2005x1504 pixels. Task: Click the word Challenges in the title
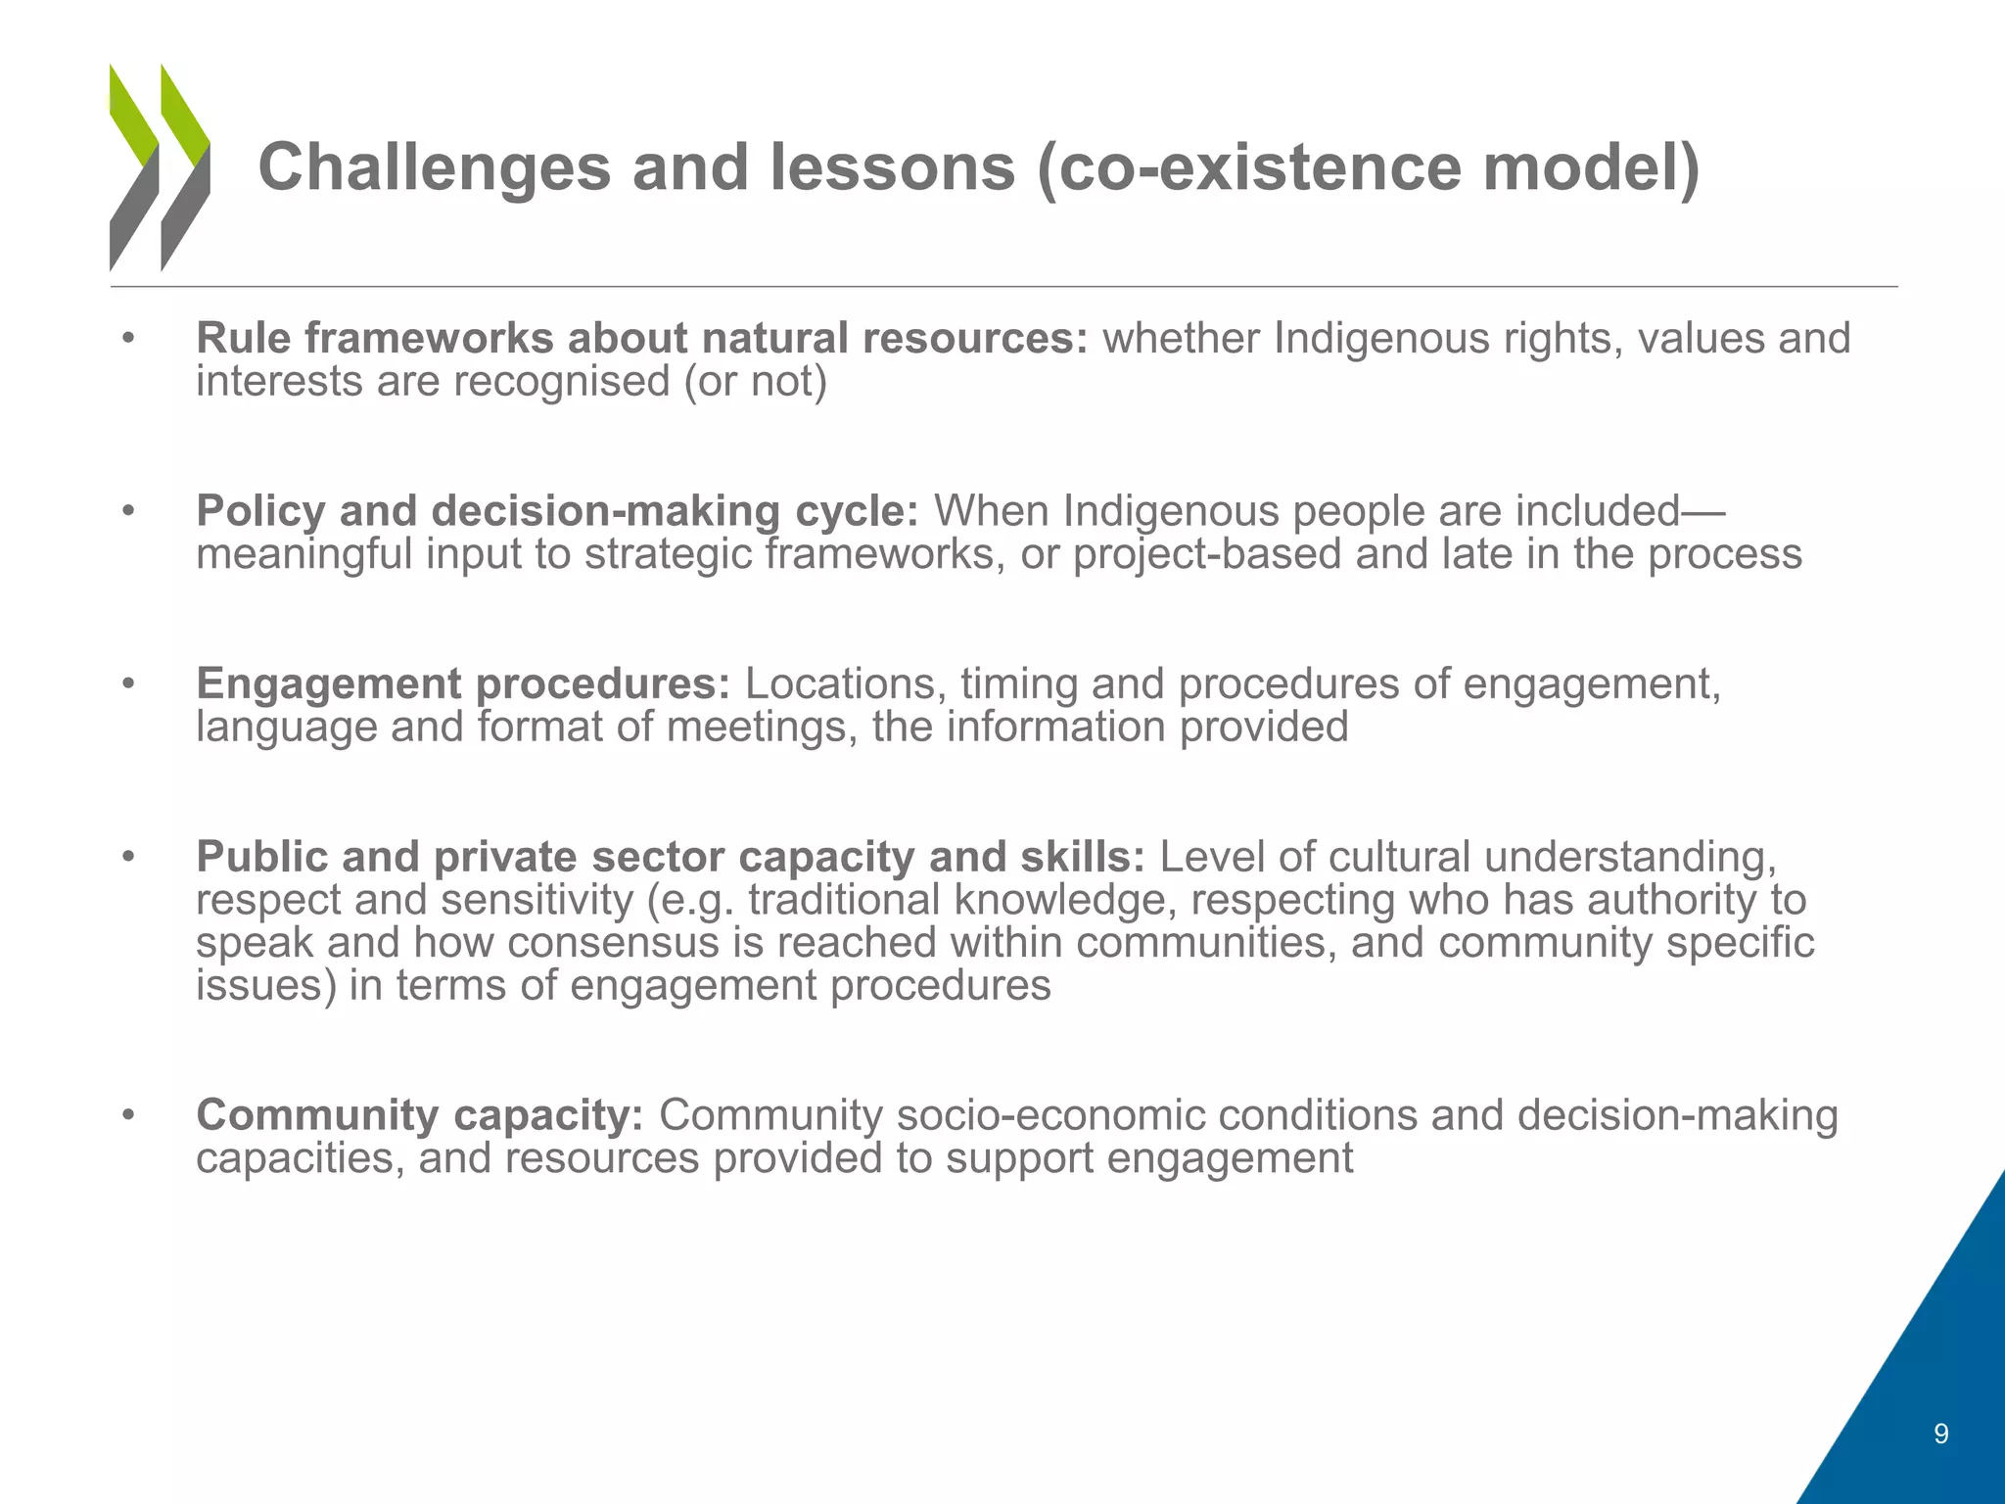pos(434,167)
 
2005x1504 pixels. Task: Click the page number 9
pos(1941,1434)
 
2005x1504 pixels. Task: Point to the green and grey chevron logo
pos(160,167)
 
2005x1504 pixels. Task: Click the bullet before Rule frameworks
pos(127,339)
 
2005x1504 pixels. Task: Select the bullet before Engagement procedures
pos(127,684)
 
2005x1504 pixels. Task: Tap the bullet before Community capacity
pos(127,1116)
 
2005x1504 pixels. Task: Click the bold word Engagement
pos(327,683)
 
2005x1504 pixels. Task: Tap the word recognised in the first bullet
pos(550,381)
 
